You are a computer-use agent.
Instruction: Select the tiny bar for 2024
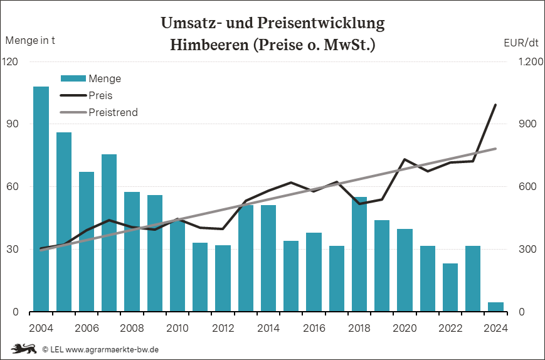pyautogui.click(x=495, y=307)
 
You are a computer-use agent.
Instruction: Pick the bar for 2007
pyautogui.click(x=109, y=233)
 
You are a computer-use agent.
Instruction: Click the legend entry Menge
pyautogui.click(x=105, y=78)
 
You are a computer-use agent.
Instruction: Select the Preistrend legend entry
pyautogui.click(x=113, y=112)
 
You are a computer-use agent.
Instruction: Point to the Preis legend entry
pyautogui.click(x=101, y=95)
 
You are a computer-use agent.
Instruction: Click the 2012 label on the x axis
pyautogui.click(x=223, y=327)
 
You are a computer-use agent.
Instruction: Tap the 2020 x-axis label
pyautogui.click(x=405, y=327)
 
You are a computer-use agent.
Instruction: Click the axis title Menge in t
pyautogui.click(x=30, y=41)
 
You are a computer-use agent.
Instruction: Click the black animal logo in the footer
pyautogui.click(x=23, y=349)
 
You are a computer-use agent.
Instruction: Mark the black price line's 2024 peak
pyautogui.click(x=495, y=105)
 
